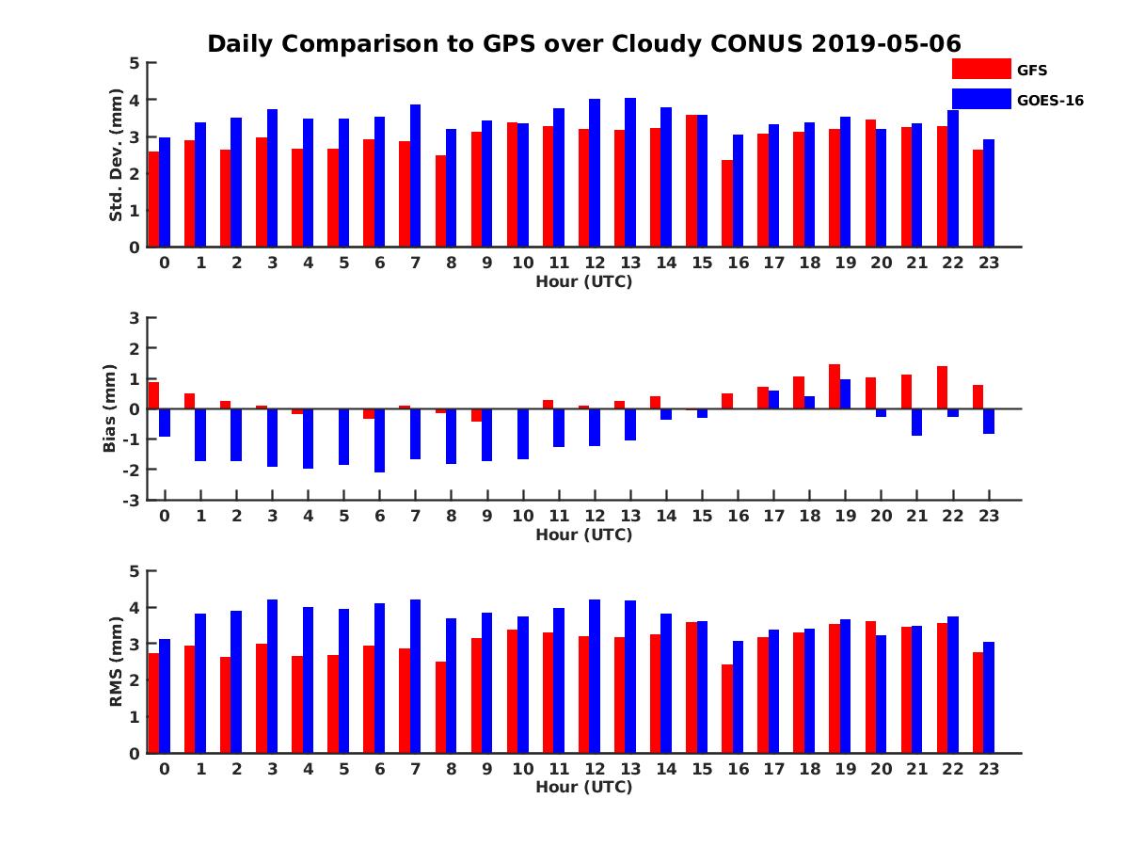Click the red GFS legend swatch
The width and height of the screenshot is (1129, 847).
[x=981, y=69]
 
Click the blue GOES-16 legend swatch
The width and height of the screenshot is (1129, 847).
[x=981, y=99]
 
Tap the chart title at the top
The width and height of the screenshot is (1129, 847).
[x=583, y=44]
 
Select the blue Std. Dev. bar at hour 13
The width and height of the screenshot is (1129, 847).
[x=630, y=172]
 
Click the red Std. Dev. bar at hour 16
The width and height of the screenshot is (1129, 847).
[x=727, y=203]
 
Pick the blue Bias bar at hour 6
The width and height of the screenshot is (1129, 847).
[x=379, y=440]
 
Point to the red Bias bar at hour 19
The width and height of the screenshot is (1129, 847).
[x=835, y=386]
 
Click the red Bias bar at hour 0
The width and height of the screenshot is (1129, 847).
[x=153, y=395]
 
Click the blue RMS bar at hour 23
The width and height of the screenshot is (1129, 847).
[x=989, y=697]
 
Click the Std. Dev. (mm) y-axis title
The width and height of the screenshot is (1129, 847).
[x=116, y=155]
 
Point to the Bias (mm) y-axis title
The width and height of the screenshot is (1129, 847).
[x=110, y=408]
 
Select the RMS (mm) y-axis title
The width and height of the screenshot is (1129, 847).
[x=116, y=662]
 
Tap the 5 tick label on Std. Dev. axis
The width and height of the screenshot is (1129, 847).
[x=135, y=63]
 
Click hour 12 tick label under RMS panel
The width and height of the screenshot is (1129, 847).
[x=595, y=768]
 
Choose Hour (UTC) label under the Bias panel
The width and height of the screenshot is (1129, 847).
[x=583, y=535]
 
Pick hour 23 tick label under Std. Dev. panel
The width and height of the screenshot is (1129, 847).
[x=989, y=263]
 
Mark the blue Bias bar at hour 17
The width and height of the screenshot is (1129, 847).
[x=773, y=399]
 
